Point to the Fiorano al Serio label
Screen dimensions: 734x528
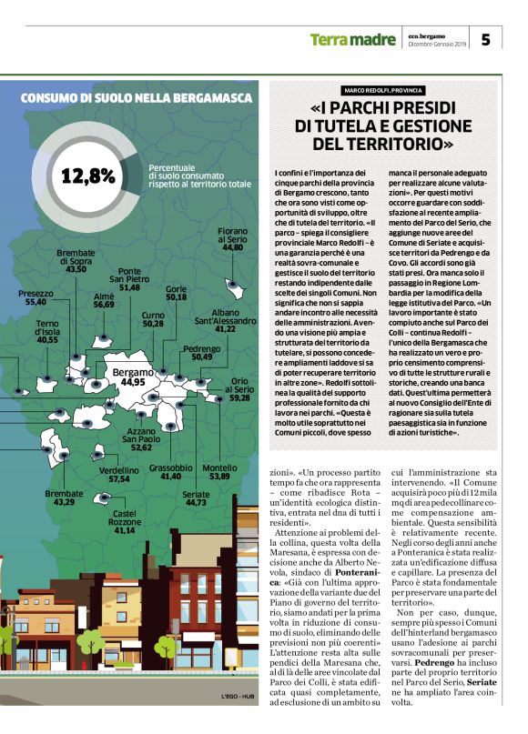233,238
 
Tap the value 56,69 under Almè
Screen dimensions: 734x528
104,305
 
